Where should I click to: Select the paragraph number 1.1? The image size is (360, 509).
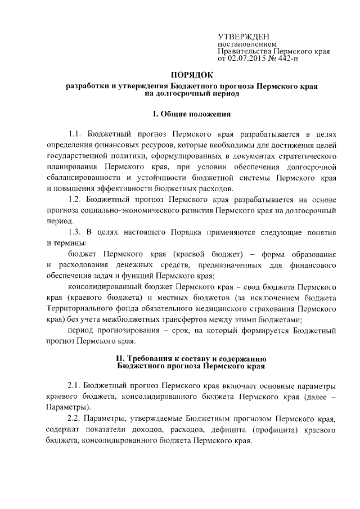[75, 135]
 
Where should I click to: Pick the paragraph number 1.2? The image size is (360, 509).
[75, 199]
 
